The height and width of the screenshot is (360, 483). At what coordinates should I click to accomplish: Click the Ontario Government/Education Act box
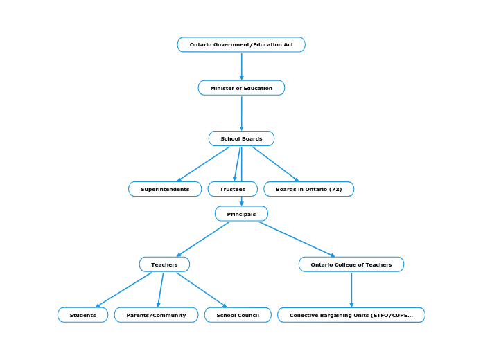[x=241, y=45]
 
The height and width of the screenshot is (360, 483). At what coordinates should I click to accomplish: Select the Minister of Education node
[x=241, y=88]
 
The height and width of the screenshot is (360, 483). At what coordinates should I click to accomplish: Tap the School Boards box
[x=241, y=138]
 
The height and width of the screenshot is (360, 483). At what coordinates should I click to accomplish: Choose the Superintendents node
[x=165, y=189]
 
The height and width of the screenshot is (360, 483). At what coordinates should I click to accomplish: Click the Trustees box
[x=232, y=189]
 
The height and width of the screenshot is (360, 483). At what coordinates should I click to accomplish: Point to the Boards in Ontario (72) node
[x=308, y=189]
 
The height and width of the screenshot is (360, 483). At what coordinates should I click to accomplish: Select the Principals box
[x=241, y=214]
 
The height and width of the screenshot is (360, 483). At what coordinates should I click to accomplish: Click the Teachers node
[x=164, y=264]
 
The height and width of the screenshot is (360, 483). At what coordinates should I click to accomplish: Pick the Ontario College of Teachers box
[x=351, y=264]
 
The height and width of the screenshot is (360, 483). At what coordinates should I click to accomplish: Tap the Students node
[x=82, y=315]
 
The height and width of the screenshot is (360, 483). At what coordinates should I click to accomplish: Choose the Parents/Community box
[x=156, y=315]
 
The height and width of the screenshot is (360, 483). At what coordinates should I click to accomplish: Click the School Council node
[x=238, y=315]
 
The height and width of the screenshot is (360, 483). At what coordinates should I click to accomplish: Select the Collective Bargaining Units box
[x=351, y=315]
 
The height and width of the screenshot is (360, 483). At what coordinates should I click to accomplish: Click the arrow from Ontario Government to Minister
[x=241, y=66]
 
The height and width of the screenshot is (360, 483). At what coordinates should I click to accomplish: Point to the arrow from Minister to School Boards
[x=241, y=113]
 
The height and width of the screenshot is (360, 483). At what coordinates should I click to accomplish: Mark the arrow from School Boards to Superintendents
[x=204, y=163]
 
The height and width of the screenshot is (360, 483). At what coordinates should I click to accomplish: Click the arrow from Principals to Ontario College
[x=297, y=239]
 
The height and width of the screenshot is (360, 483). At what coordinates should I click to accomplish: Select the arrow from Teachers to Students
[x=123, y=289]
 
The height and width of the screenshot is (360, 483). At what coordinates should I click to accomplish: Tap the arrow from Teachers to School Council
[x=201, y=289]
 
